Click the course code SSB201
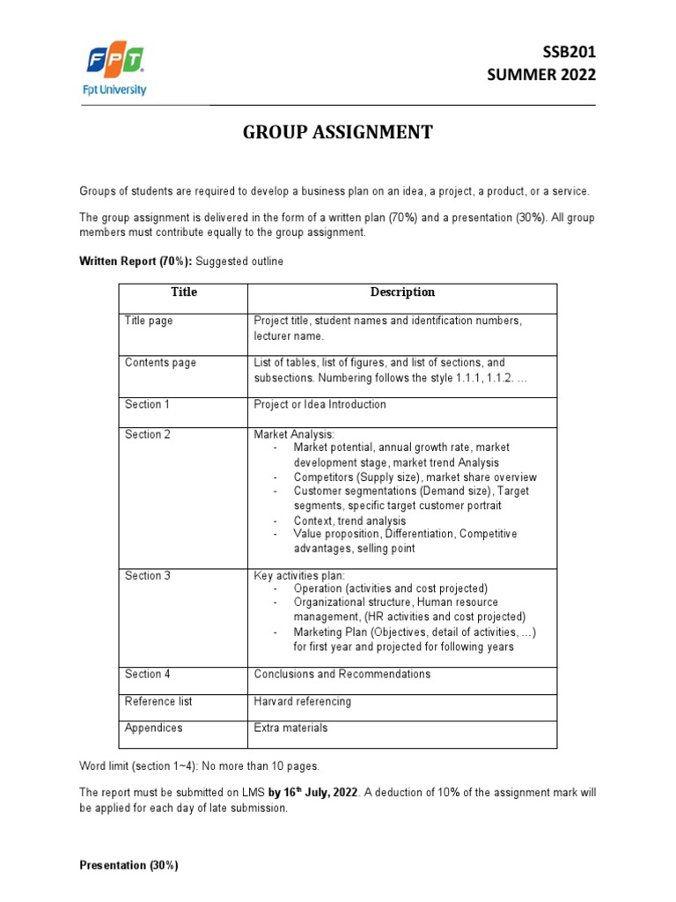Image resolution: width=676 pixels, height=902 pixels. tap(563, 53)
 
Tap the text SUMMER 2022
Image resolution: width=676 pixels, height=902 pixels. tap(541, 75)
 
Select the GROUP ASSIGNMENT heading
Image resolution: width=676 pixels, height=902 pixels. tap(338, 132)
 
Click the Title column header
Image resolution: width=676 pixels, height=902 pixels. tap(184, 292)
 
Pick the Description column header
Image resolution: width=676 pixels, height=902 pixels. tap(402, 292)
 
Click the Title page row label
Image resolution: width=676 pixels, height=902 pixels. tap(149, 322)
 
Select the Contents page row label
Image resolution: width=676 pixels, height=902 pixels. tap(160, 363)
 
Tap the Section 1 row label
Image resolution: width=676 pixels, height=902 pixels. tap(147, 404)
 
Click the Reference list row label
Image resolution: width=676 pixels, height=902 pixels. tap(158, 701)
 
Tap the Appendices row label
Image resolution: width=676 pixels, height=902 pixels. tap(154, 728)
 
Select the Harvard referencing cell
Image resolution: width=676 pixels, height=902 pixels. tap(302, 701)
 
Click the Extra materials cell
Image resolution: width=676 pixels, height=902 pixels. tap(290, 728)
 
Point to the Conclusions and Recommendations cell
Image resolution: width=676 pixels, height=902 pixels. tap(342, 674)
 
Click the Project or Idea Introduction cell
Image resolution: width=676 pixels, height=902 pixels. tap(320, 404)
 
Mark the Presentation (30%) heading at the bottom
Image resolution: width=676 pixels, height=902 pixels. tap(129, 866)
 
